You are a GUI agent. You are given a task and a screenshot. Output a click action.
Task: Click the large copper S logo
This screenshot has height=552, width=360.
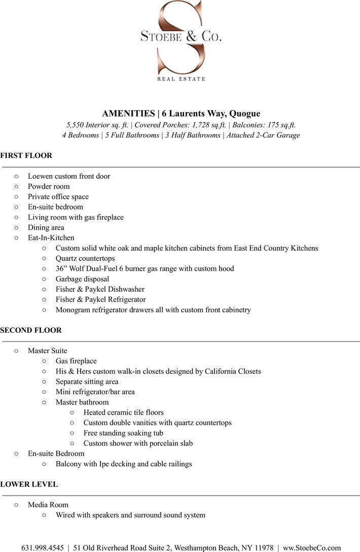(181, 38)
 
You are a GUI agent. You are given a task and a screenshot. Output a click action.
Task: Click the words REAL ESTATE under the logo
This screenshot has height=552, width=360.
(181, 79)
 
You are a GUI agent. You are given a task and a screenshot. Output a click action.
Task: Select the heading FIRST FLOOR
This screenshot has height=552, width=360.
(26, 156)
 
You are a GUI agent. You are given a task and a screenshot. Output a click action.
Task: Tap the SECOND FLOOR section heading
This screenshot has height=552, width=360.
(31, 330)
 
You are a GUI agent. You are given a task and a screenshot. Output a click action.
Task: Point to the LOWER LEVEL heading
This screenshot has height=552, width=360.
(29, 485)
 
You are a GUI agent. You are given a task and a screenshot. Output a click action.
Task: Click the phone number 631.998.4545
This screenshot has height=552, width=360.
(43, 548)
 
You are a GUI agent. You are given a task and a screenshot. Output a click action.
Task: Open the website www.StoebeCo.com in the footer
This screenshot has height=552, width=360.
(312, 548)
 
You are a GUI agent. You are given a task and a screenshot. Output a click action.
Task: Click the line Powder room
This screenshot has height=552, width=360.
(49, 187)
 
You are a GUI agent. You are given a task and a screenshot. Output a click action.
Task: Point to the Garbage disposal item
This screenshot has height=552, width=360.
(82, 279)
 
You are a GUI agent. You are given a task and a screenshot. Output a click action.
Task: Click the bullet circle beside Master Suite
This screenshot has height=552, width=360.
(16, 351)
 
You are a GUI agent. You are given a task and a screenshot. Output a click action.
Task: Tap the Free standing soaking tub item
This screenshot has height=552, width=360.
(123, 433)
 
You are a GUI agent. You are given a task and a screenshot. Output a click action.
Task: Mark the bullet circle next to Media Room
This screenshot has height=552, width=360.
(16, 505)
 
